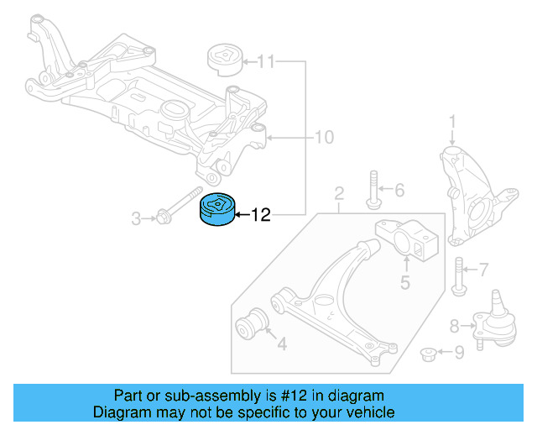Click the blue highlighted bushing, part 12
tap(216, 210)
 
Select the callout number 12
tap(261, 216)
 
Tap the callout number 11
tap(265, 61)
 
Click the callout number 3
tap(135, 219)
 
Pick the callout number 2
tap(339, 197)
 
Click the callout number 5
tap(404, 282)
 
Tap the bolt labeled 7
tap(458, 275)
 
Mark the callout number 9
tap(458, 354)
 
